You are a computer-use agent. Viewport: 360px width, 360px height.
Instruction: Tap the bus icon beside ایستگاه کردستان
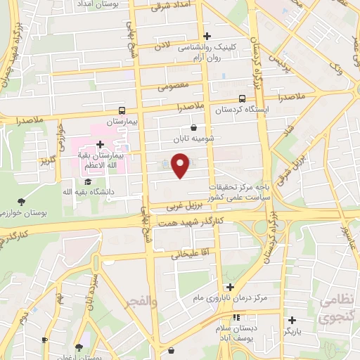coord(243,98)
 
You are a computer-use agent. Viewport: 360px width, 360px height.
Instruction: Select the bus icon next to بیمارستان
coord(122,110)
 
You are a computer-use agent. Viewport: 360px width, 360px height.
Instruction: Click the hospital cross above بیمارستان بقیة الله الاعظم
coord(101,143)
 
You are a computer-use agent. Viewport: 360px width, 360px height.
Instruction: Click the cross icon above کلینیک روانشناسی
coord(206,37)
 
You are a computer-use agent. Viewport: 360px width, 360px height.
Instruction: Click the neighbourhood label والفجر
coord(141,302)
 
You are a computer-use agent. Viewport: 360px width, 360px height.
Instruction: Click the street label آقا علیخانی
coord(186,250)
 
